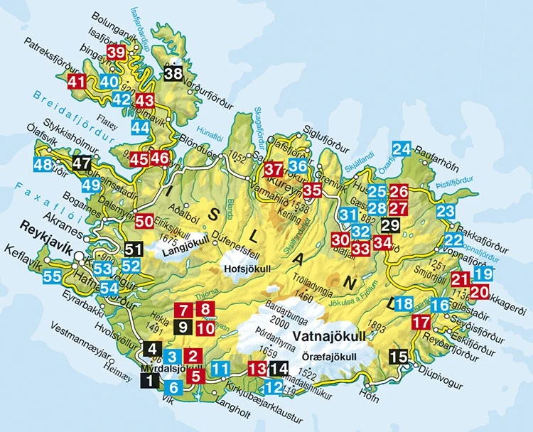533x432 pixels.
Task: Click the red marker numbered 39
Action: click(116, 53)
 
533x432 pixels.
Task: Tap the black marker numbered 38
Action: click(172, 72)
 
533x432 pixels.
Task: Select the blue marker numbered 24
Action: click(402, 149)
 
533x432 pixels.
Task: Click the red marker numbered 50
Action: click(144, 221)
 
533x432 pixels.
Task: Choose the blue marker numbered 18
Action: click(404, 305)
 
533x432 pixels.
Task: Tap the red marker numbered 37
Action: click(274, 169)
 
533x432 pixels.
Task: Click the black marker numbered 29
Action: click(390, 226)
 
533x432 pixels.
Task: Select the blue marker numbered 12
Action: click(274, 388)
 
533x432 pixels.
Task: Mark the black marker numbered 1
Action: click(150, 381)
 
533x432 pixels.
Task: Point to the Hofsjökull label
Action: click(244, 271)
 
